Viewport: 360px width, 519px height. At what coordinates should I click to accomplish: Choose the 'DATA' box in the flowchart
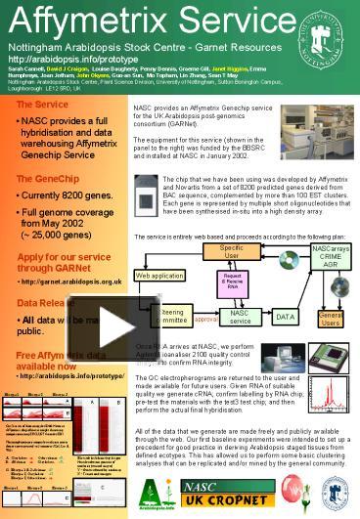[x=286, y=317]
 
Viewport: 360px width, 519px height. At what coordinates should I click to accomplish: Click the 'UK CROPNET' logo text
[x=235, y=500]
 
